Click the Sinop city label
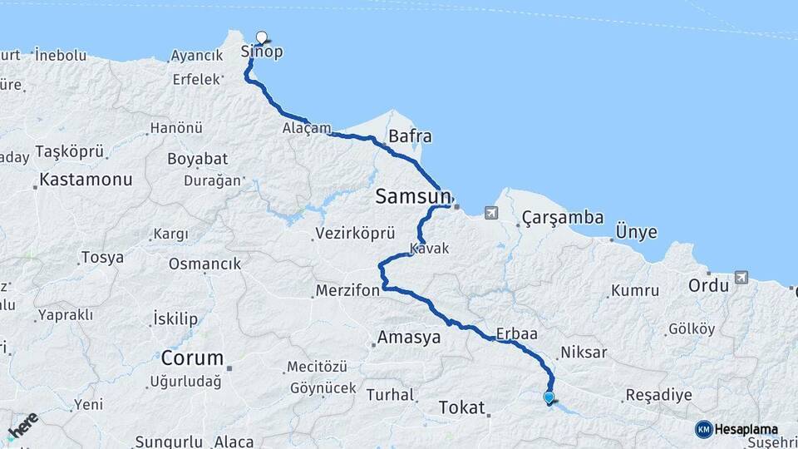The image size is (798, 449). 262,52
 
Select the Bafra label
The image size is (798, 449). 410,136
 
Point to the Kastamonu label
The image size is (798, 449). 86,180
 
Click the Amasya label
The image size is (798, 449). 408,338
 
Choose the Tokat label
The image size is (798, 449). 460,407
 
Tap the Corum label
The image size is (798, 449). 192,359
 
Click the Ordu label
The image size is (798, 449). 708,285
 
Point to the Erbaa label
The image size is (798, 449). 516,333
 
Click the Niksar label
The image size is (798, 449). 584,353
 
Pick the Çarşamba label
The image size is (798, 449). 563,218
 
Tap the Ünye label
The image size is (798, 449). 636,232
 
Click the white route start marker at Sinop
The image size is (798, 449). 262,37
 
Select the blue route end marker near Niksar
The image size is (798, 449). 549,397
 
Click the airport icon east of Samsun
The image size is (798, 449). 491,214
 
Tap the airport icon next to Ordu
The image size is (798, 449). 741,278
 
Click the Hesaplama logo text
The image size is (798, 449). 746,430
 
